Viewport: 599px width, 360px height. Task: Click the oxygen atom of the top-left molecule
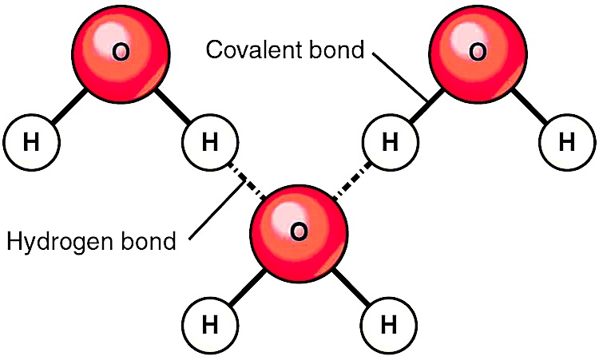121,53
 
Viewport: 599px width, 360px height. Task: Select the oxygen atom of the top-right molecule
478,53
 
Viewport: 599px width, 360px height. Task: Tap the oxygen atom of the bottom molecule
299,234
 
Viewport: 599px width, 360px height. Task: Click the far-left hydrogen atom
31,142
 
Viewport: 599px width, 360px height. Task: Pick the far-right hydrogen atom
567,142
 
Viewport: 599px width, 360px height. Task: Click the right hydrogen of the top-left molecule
210,142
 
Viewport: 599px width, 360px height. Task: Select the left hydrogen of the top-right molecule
390,142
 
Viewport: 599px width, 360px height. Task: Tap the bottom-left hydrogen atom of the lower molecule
210,326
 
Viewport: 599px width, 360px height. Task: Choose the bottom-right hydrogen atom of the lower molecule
388,326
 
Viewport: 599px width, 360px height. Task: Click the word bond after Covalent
336,49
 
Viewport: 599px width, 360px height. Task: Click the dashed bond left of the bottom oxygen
247,181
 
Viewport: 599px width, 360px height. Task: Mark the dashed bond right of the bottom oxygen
351,181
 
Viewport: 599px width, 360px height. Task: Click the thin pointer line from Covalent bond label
400,77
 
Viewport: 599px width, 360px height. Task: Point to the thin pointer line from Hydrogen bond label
217,211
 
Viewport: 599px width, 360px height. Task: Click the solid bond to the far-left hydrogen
69,106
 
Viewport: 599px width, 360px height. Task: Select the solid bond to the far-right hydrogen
530,106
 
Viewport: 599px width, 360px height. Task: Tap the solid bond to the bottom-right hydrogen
352,287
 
